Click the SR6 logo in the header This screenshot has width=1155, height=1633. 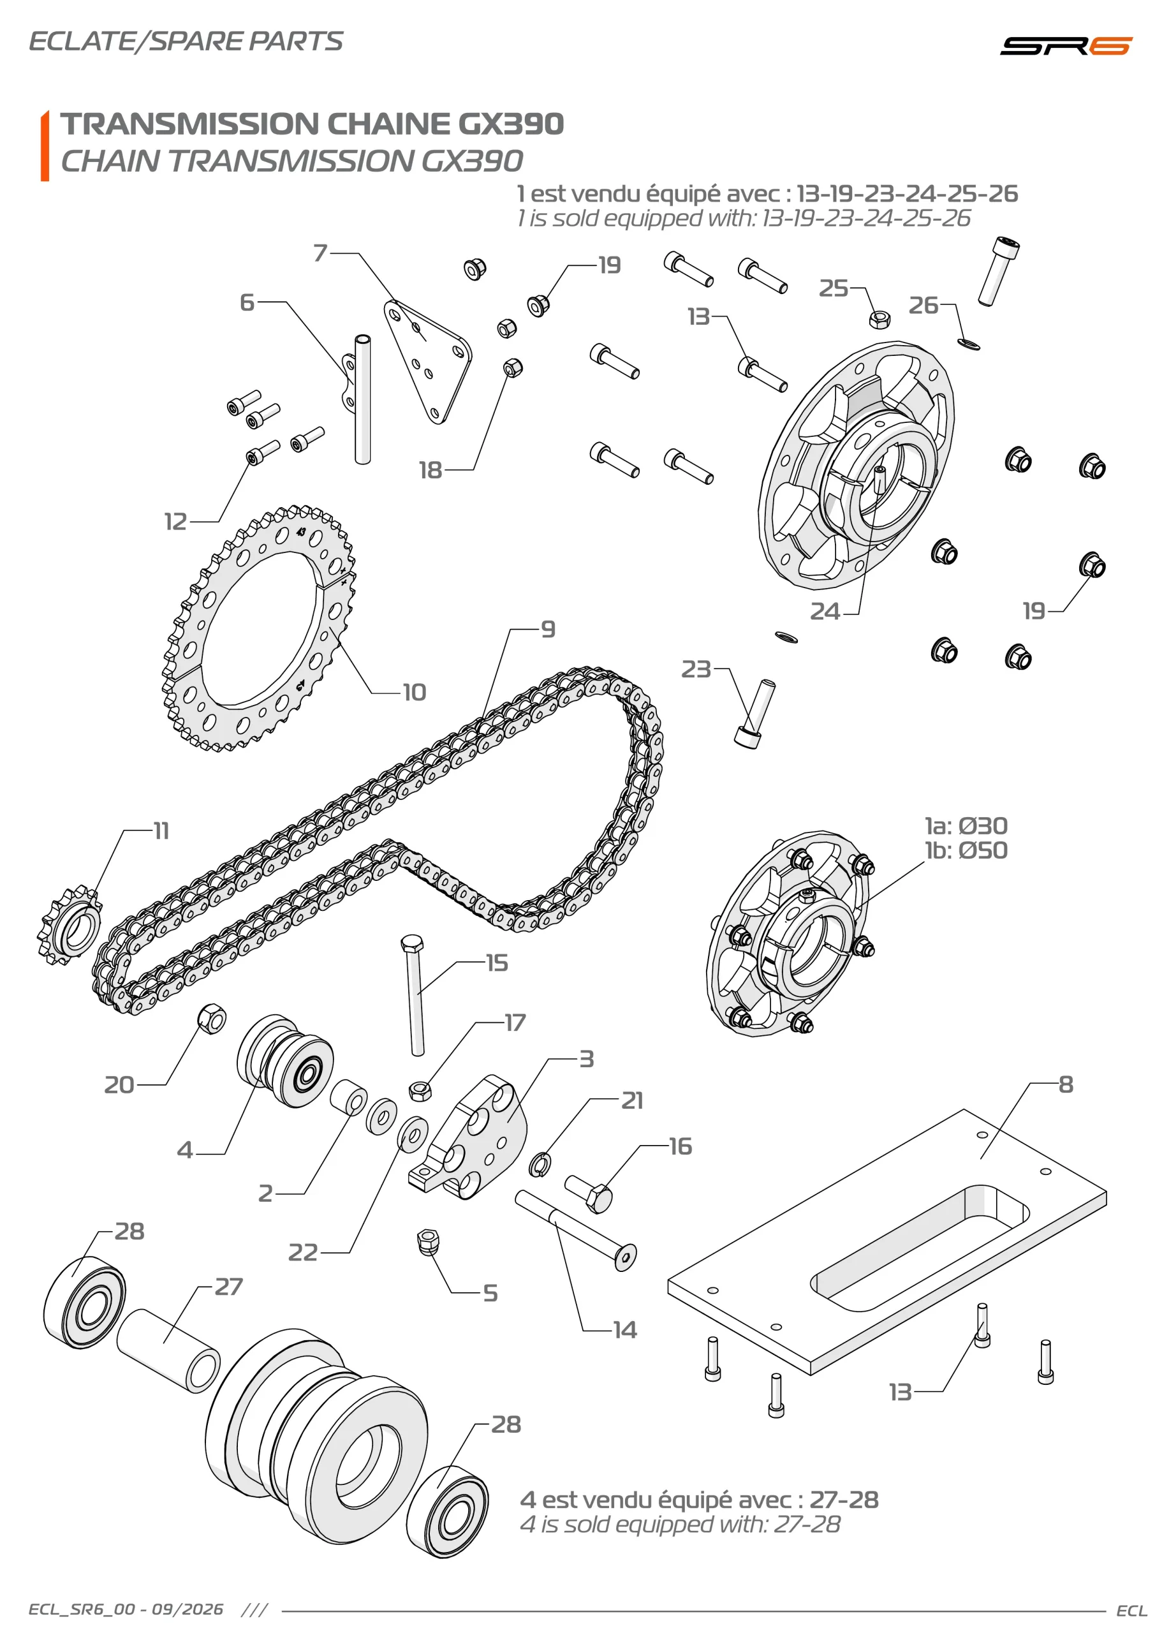pyautogui.click(x=1064, y=45)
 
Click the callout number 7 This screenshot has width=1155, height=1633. pyautogui.click(x=321, y=253)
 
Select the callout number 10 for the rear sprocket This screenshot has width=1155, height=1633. pyautogui.click(x=414, y=692)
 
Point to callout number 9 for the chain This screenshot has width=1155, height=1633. pyautogui.click(x=548, y=630)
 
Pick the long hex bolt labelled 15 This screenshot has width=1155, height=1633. pyautogui.click(x=415, y=995)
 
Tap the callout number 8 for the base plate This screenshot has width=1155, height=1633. pyautogui.click(x=1065, y=1084)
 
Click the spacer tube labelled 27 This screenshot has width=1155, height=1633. pyautogui.click(x=168, y=1351)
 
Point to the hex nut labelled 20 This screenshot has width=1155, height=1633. pyautogui.click(x=211, y=1019)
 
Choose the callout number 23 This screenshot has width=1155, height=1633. pyautogui.click(x=696, y=669)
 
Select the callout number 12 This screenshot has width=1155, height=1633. pyautogui.click(x=175, y=521)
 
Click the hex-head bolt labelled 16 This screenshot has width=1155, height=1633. pyautogui.click(x=589, y=1194)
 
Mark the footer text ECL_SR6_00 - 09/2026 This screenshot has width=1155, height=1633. pyautogui.click(x=126, y=1609)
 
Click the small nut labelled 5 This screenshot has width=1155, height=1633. pyautogui.click(x=428, y=1242)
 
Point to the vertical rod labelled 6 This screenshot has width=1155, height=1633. pyautogui.click(x=363, y=400)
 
